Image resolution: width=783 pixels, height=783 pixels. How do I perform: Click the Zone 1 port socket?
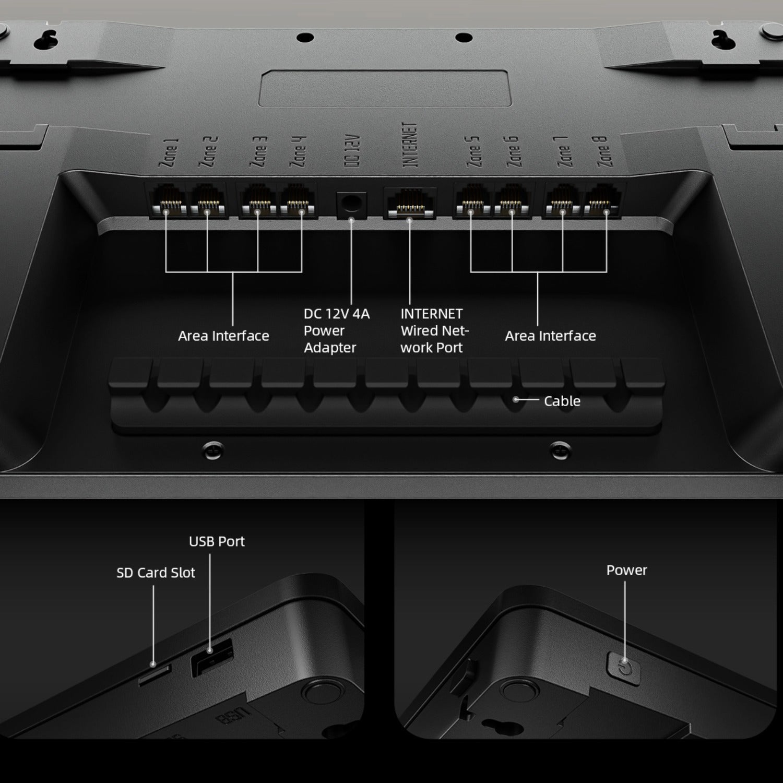(167, 201)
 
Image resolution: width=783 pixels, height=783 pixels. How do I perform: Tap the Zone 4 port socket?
(299, 201)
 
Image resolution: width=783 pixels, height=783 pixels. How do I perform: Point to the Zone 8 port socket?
(604, 201)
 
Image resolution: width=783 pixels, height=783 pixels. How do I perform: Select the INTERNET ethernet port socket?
(410, 203)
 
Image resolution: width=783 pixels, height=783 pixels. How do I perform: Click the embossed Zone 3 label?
(259, 151)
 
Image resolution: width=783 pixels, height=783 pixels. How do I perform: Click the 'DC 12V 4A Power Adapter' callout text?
(336, 330)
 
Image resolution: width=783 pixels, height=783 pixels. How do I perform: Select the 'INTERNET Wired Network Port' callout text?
(434, 330)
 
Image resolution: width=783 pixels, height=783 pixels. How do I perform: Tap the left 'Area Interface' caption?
(223, 336)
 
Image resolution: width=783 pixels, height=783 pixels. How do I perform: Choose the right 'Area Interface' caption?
(550, 336)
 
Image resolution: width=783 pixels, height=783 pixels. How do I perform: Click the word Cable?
(562, 401)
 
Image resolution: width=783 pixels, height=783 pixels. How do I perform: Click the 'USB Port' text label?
(217, 541)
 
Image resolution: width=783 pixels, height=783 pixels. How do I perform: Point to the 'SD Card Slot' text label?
(156, 573)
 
